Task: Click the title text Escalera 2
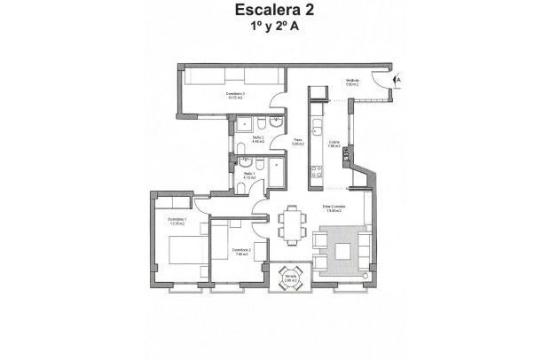click(x=274, y=12)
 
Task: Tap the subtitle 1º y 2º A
click(x=274, y=27)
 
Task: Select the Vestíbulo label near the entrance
click(x=351, y=82)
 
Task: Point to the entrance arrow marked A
click(x=397, y=80)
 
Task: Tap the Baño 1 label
click(x=249, y=175)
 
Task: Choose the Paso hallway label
click(x=298, y=141)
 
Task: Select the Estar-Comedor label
click(x=334, y=209)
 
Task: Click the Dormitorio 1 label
click(x=177, y=222)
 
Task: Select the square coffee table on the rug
click(x=342, y=251)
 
